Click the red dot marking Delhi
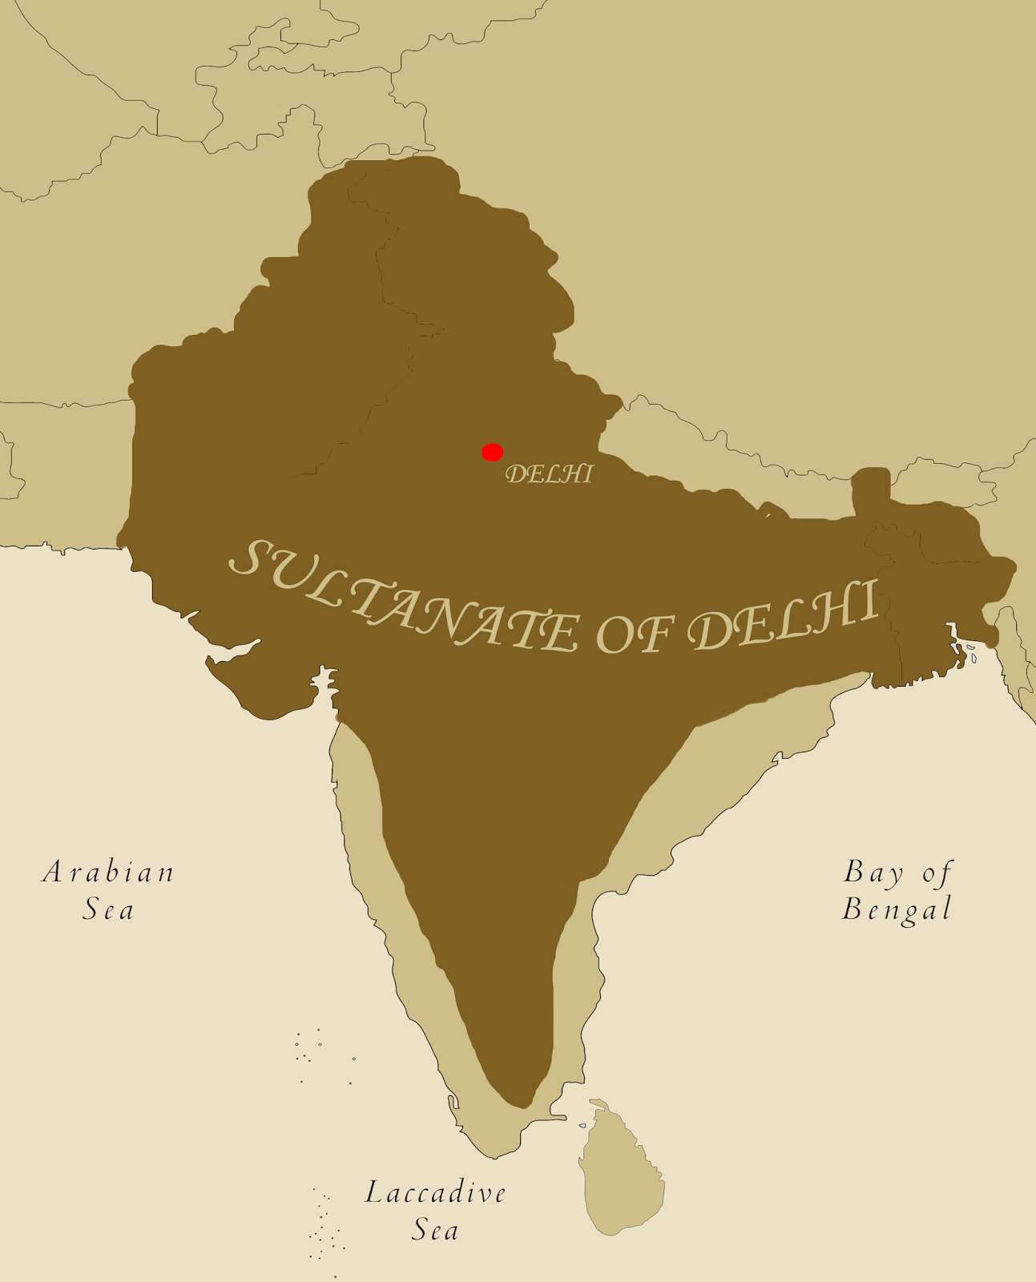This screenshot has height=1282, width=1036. (x=492, y=453)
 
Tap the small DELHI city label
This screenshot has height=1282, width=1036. (x=549, y=474)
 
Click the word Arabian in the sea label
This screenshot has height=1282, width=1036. (x=108, y=872)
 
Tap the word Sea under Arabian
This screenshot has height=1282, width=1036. (x=108, y=910)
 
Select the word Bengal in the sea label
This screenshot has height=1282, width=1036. (x=897, y=910)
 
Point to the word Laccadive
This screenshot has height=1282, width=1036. (x=436, y=1193)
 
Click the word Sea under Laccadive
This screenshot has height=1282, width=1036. (x=435, y=1230)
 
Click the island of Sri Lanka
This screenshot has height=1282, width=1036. (x=622, y=1170)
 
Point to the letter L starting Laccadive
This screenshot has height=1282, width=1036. (x=373, y=1193)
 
